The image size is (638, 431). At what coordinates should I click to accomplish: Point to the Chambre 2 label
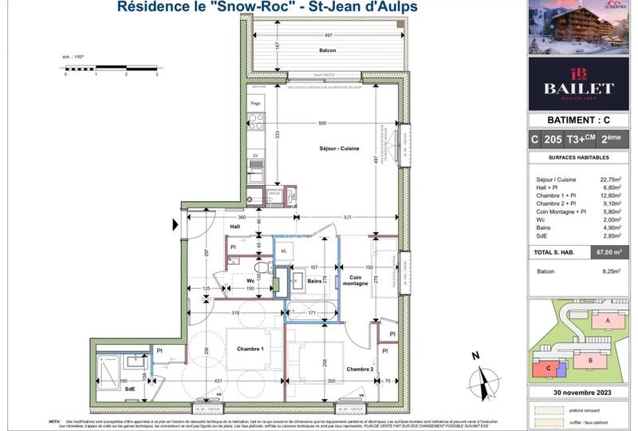360,369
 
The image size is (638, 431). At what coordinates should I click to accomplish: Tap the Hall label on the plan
235,227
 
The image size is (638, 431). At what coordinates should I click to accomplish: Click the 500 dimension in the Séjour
321,124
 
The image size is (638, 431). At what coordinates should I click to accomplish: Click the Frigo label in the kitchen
255,104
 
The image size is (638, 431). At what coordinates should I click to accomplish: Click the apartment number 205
550,139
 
